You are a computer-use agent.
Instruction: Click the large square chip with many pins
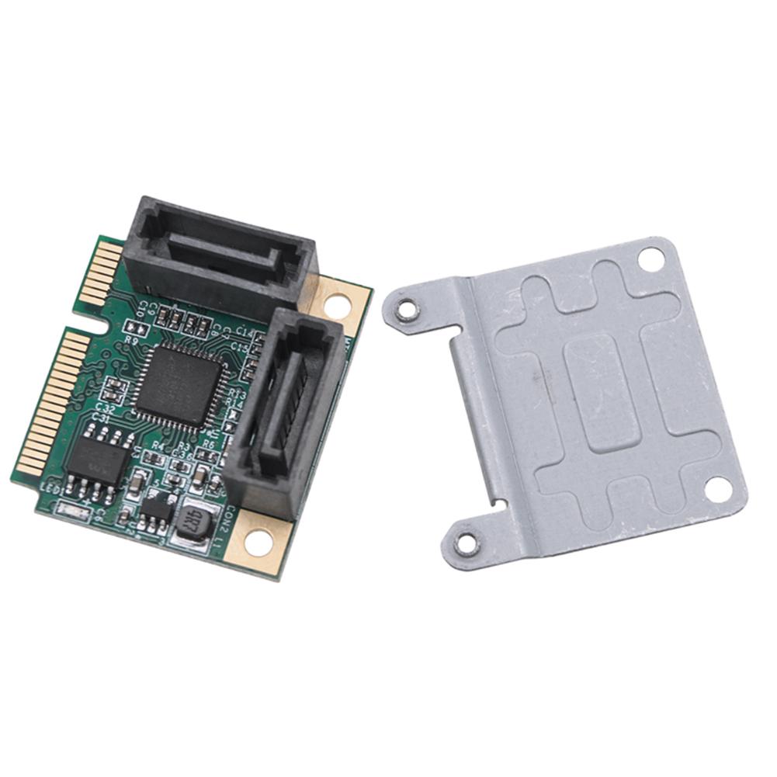click(181, 385)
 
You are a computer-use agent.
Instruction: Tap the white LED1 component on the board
click(68, 509)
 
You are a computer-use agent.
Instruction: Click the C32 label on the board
click(105, 407)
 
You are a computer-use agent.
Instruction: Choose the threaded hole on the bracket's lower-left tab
click(466, 543)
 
